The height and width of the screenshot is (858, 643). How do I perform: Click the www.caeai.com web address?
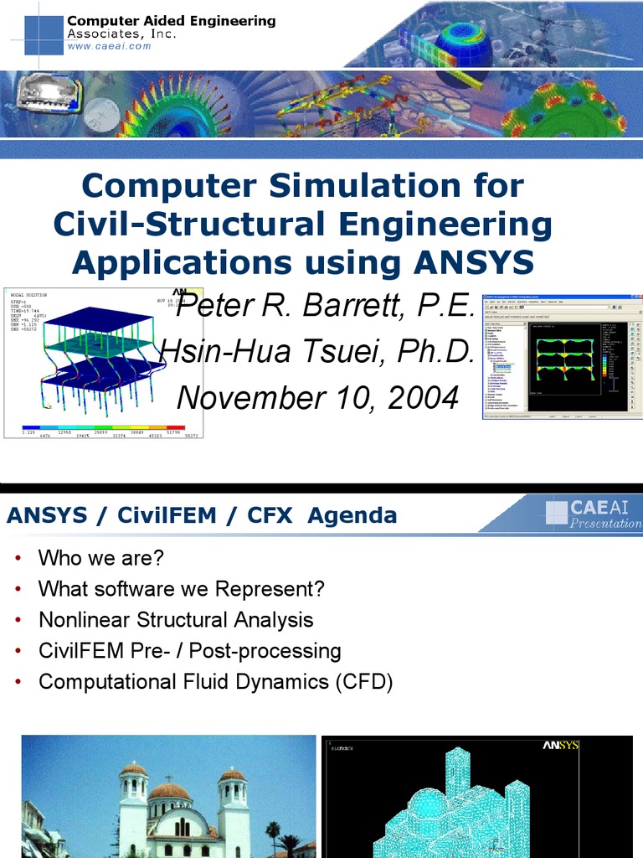coord(109,46)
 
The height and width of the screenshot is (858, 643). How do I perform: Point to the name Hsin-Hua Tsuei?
coord(276,352)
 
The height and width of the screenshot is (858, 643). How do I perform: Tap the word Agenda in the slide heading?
coord(352,515)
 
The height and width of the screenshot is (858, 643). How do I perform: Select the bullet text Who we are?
coord(100,558)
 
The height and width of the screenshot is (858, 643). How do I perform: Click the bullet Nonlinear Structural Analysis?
coord(176,620)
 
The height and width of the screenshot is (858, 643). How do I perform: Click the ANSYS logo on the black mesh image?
coord(560,745)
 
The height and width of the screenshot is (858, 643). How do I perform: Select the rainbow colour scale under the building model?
coord(104,428)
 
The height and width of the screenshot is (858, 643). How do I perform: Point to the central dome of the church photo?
coord(169,792)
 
